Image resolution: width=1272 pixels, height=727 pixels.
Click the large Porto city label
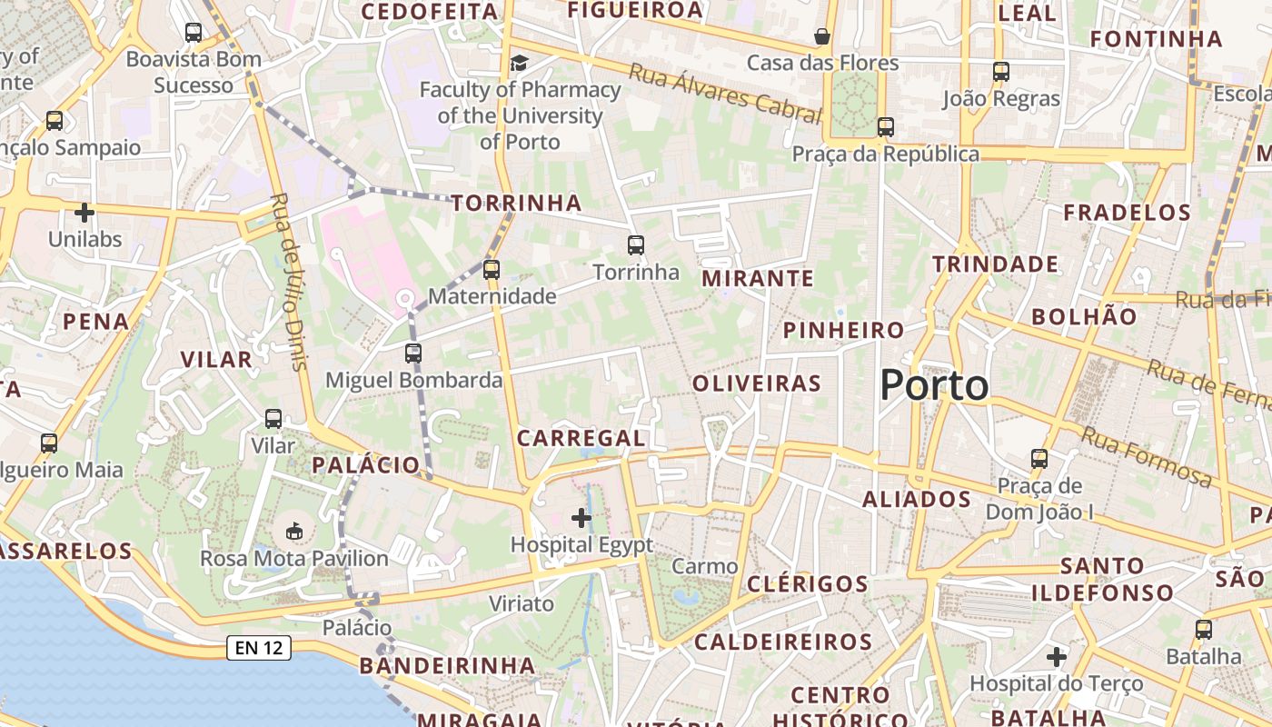point(934,385)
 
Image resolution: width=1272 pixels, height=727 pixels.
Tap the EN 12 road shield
point(258,648)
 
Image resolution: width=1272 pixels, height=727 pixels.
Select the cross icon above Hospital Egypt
point(581,518)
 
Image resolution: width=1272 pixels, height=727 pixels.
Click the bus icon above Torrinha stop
point(636,244)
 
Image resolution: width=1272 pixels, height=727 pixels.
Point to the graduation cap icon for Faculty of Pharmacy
point(519,63)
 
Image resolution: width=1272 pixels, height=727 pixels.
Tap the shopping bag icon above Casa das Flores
point(822,36)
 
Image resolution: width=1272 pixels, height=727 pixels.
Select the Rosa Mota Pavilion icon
point(294,531)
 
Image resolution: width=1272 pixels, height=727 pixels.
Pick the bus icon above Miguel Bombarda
point(413,353)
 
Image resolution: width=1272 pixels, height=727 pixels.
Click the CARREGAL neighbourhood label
point(581,438)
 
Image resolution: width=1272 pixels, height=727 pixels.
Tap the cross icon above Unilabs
point(84,213)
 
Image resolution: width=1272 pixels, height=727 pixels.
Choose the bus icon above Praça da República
point(886,127)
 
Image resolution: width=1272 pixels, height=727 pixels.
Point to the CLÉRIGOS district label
point(808,583)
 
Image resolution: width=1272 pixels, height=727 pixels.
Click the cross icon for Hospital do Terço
point(1056,656)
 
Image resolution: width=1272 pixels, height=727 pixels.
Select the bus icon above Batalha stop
point(1204,629)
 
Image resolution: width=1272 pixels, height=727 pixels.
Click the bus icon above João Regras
point(1001,71)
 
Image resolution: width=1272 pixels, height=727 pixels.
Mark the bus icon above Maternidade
point(492,269)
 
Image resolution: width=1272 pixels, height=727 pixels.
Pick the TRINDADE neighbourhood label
point(996,264)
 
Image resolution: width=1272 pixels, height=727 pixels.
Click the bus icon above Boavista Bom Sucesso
point(194,33)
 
